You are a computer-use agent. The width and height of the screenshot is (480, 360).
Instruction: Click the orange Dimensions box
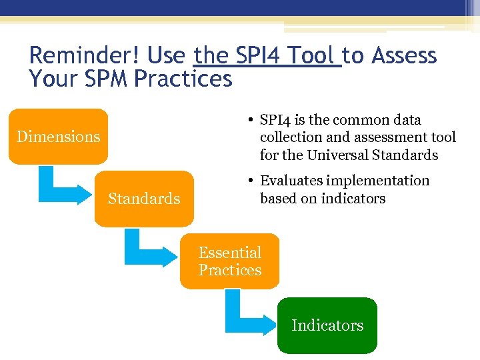tap(58, 137)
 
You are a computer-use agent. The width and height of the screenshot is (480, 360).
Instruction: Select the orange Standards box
tap(144, 199)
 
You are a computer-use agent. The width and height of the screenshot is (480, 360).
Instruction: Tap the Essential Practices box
tap(229, 261)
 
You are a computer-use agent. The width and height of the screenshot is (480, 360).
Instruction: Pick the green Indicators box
tap(327, 325)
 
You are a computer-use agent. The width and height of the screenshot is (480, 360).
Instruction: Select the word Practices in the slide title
tap(183, 79)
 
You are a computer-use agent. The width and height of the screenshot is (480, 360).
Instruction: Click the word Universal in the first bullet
tap(335, 155)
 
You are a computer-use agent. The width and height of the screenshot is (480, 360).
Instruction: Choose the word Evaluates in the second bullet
tap(291, 181)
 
